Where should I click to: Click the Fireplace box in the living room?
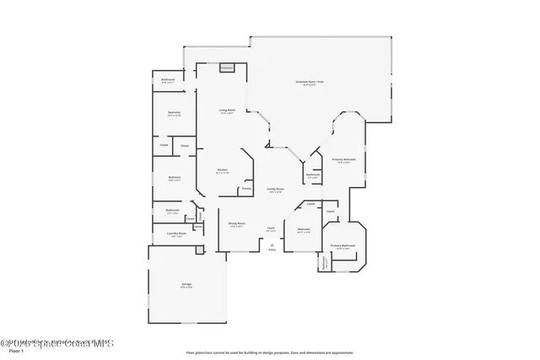point(227,67)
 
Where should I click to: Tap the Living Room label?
point(227,110)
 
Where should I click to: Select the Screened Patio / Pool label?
point(310,82)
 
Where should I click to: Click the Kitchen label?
point(222,170)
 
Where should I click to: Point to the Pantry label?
point(246,189)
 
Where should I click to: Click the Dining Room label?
point(235,224)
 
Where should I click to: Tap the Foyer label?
point(272,228)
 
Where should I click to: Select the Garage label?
point(186,285)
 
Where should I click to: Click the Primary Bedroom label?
point(343,159)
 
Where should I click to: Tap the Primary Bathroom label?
point(343,245)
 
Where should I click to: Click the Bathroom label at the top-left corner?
point(167,80)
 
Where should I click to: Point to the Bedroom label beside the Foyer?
point(304,229)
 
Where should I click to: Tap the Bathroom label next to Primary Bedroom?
point(312,175)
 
